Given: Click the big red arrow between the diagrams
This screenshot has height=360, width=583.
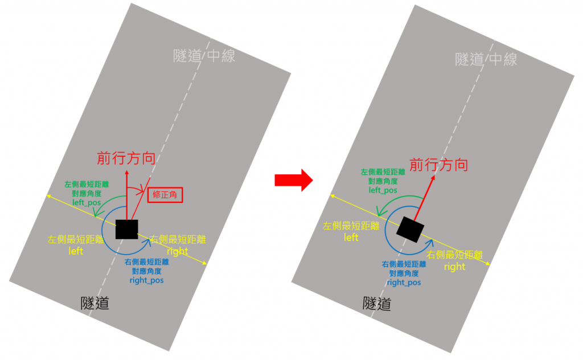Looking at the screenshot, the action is (x=293, y=180).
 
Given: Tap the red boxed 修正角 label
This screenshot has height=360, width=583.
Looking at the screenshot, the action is (x=165, y=195).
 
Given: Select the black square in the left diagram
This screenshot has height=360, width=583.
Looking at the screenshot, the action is (x=126, y=229).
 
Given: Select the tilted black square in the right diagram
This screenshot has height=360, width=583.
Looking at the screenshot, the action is (x=411, y=229).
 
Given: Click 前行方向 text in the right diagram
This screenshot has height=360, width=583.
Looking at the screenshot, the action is (x=439, y=165).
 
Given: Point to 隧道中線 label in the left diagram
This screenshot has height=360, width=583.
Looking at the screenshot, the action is (x=204, y=56).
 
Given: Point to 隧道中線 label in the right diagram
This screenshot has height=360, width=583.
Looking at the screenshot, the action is (x=487, y=59).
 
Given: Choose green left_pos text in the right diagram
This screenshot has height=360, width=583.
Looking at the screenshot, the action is (x=383, y=190).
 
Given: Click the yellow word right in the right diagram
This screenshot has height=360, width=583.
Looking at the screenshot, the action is (x=454, y=267).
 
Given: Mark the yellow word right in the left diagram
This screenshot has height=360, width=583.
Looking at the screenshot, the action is (x=178, y=251).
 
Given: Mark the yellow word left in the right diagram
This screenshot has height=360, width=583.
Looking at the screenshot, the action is (x=351, y=237).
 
